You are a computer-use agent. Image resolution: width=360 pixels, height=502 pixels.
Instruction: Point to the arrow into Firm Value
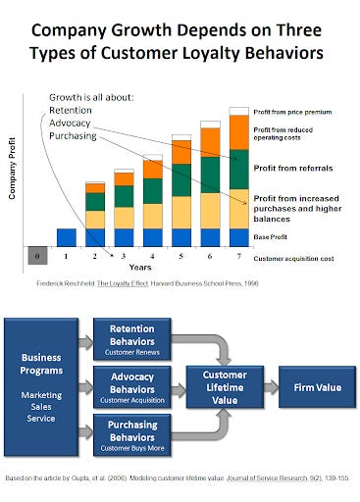point(271,387)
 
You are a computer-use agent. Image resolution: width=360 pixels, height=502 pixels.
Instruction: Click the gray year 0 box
point(37,256)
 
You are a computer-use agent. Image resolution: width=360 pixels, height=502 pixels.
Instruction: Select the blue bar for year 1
point(66,237)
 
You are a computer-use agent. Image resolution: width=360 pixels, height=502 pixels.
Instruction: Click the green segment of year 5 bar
point(181,185)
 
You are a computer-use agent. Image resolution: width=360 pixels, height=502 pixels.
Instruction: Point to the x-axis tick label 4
point(152,257)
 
